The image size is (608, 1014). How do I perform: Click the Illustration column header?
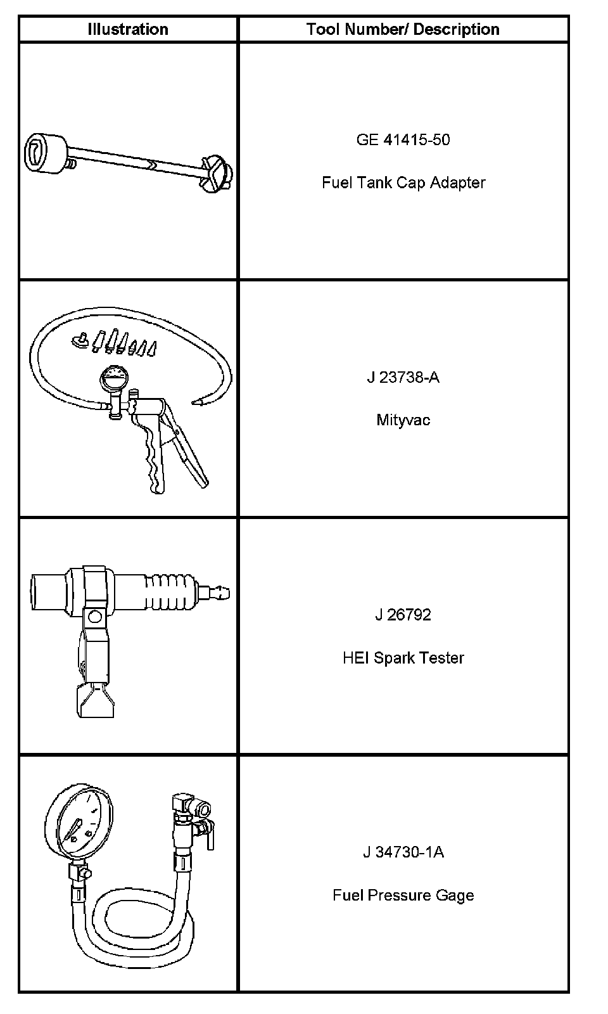(x=128, y=29)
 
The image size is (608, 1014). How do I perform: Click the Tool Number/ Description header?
(x=403, y=29)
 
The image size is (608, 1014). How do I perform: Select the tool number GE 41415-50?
(x=403, y=139)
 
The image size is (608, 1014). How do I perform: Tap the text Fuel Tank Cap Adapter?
(x=403, y=183)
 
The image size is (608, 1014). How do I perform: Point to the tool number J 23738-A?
(x=403, y=377)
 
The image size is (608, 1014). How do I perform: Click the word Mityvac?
(x=403, y=420)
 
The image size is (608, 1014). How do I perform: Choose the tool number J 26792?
(x=403, y=615)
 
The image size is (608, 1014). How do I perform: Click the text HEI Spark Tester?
(x=403, y=658)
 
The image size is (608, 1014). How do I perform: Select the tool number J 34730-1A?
(x=403, y=852)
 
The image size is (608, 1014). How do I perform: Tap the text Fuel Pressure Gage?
(x=403, y=895)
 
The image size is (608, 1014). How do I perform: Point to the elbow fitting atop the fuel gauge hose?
(x=182, y=802)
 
